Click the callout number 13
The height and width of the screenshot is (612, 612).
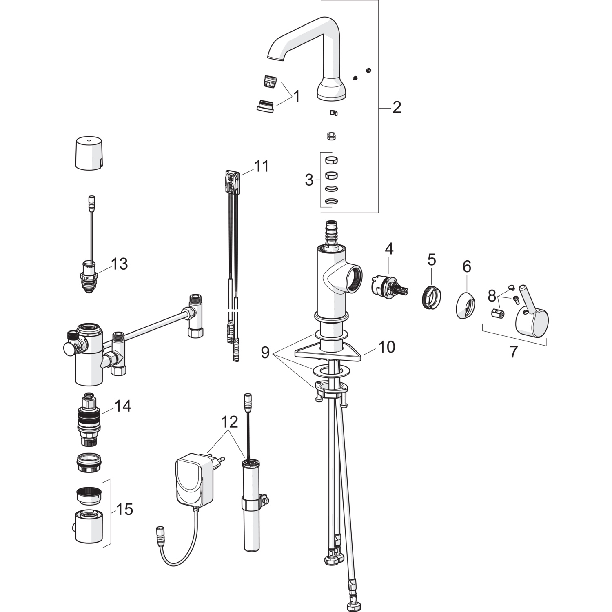pos(120,264)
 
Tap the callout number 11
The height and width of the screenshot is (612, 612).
pos(262,166)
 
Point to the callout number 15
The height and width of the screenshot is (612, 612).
pos(124,509)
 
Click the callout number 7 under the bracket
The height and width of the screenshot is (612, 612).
pos(513,351)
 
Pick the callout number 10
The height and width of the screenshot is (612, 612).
pos(386,347)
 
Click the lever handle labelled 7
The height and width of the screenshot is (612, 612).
pos(532,316)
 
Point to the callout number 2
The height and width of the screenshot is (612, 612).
pos(397,107)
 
